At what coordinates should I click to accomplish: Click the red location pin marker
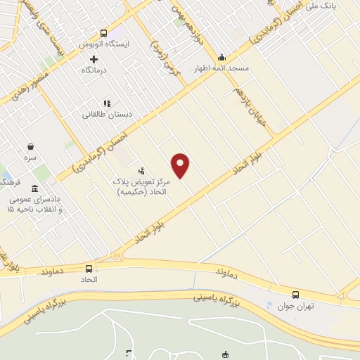[x=181, y=165]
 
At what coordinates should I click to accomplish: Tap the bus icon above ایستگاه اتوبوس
[x=104, y=33]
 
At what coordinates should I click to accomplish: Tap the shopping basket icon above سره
[x=30, y=147]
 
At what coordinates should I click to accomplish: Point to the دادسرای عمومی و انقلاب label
[x=35, y=205]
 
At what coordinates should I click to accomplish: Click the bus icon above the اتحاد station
[x=89, y=269]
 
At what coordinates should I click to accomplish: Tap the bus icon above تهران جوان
[x=295, y=295]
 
